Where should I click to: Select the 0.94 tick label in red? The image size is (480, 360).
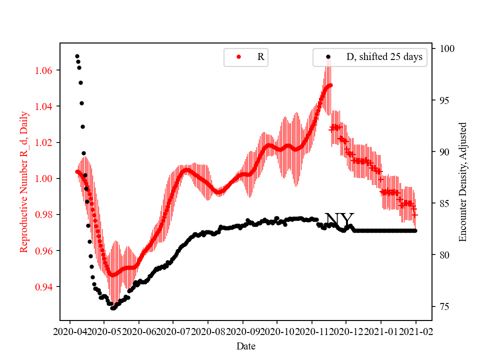44,287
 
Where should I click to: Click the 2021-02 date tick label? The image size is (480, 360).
416,331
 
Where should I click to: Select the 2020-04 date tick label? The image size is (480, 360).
70,331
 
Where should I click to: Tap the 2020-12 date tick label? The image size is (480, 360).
346,331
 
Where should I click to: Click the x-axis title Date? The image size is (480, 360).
245,345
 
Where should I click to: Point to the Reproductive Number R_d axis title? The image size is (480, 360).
24,182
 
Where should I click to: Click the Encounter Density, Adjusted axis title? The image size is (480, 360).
462,182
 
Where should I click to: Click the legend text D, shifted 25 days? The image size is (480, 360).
384,57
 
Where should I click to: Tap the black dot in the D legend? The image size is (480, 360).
328,57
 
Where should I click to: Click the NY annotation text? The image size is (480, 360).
339,219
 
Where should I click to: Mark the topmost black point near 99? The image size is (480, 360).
77,56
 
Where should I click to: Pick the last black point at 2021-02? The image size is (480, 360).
415,230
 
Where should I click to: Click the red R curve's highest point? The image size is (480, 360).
330,85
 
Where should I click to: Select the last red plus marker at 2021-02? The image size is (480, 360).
415,214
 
